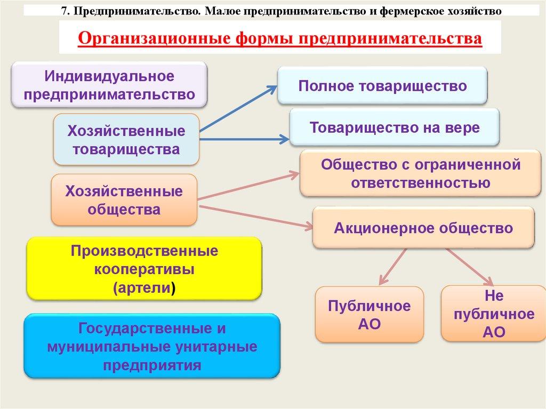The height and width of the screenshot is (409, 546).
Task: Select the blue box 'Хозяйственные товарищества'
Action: click(x=126, y=140)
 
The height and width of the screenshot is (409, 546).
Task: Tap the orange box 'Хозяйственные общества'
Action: click(x=124, y=200)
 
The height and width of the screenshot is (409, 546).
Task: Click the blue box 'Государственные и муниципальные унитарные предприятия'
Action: click(x=152, y=347)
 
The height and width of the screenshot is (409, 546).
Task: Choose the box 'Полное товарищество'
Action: click(x=382, y=85)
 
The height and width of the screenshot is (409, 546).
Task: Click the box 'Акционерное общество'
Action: click(x=423, y=228)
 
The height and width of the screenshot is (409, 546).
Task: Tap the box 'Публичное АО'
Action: click(x=369, y=315)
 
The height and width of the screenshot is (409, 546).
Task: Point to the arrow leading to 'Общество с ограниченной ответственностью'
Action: click(x=248, y=186)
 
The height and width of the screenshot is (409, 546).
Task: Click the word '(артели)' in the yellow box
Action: click(x=144, y=288)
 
